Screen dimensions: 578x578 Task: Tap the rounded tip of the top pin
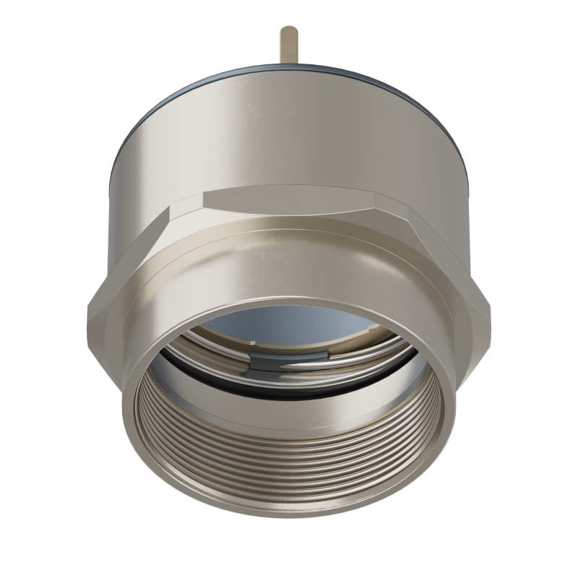click(289, 30)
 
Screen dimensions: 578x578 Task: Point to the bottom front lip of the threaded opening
click(289, 511)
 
